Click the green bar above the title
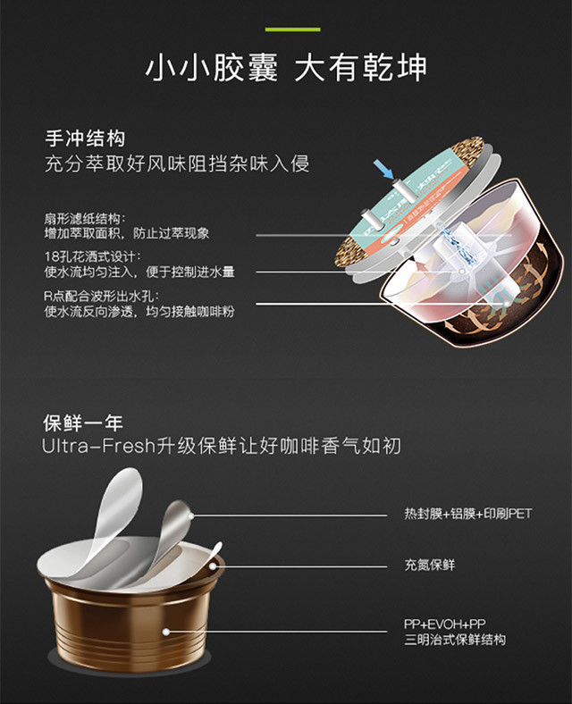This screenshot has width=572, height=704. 293,29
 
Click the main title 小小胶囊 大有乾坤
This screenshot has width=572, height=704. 286,68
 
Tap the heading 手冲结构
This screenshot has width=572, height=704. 85,138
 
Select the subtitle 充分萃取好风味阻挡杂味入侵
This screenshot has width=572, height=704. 177,163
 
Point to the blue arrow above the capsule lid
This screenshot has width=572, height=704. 383,170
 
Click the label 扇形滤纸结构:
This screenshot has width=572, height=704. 85,219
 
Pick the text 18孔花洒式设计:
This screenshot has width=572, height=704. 92,256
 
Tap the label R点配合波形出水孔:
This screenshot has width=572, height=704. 102,296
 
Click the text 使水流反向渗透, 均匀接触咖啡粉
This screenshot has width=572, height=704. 139,311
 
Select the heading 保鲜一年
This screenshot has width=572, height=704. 83,423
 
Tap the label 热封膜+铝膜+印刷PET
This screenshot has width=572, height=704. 467,514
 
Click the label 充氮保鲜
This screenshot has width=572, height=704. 430,565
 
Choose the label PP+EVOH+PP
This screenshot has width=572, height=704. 444,624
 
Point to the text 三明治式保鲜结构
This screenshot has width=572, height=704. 455,640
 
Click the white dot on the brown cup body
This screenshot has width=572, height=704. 166,632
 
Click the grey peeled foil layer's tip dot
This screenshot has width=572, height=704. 191,516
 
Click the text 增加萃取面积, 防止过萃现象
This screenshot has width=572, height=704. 127,233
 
